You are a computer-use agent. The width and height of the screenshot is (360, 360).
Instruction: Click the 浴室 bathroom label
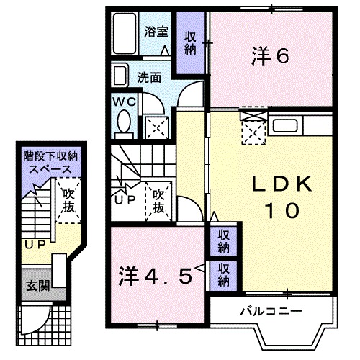(x=156, y=31)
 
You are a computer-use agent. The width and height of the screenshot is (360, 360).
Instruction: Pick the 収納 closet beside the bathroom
(x=191, y=43)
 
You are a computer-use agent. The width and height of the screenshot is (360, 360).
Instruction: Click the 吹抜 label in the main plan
(x=158, y=202)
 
